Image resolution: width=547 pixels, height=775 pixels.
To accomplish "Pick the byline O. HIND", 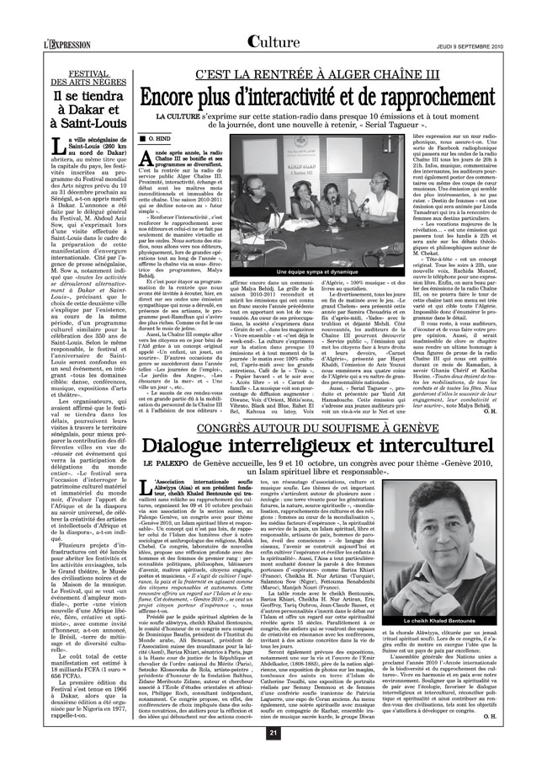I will (161, 136).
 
